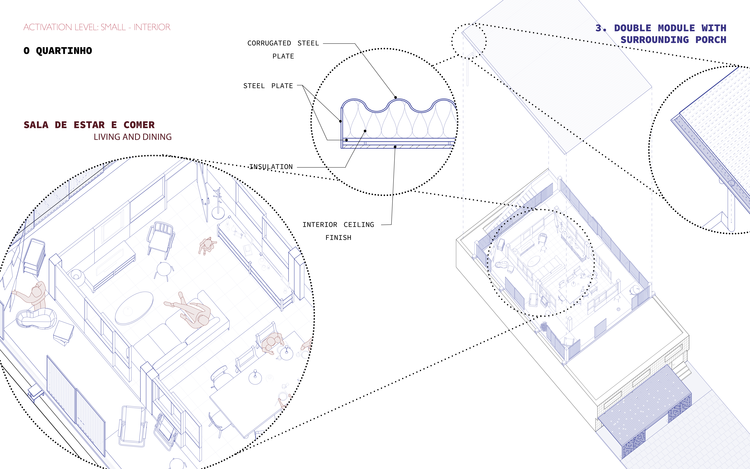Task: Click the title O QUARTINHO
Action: click(58, 51)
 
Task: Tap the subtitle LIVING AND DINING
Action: click(133, 137)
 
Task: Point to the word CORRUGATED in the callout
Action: click(269, 43)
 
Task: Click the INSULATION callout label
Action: click(271, 167)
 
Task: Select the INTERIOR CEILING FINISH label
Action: click(338, 231)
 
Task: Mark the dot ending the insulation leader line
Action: click(365, 131)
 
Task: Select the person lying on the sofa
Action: click(189, 310)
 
